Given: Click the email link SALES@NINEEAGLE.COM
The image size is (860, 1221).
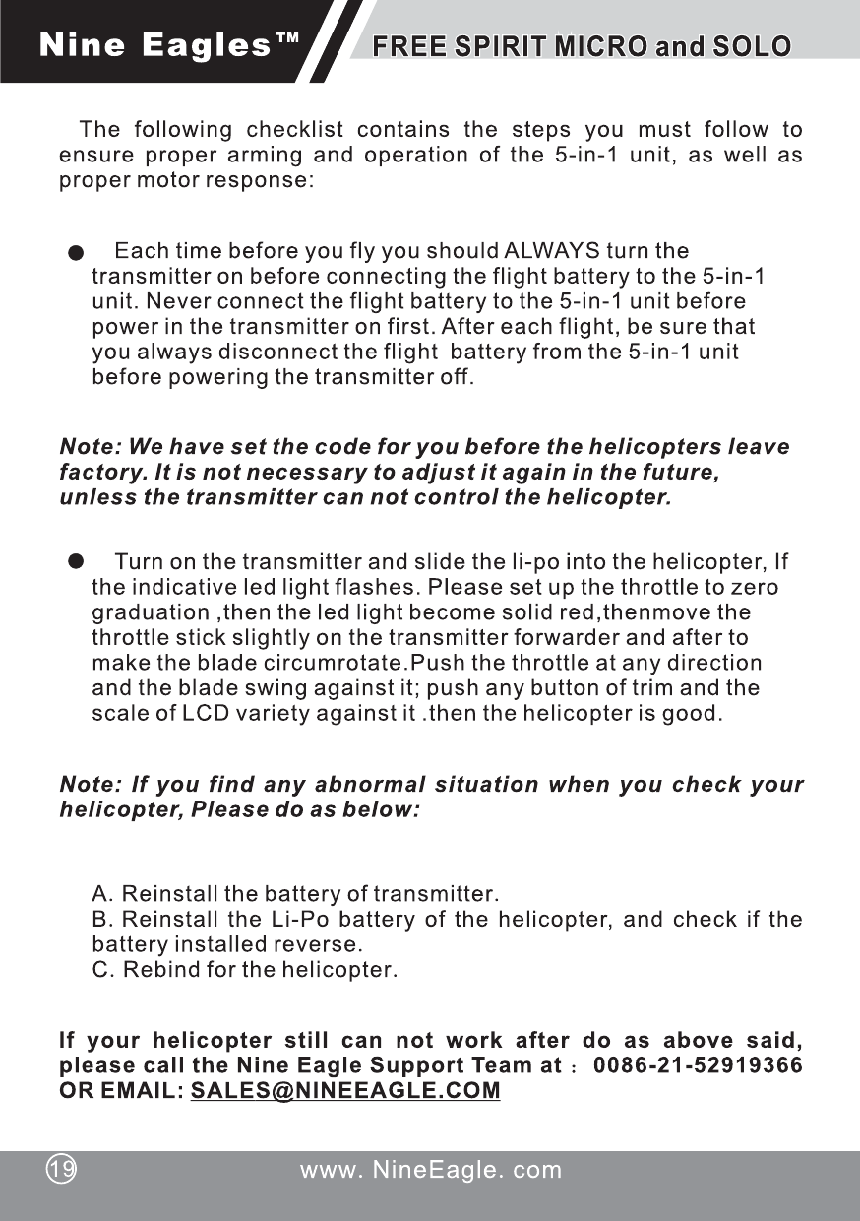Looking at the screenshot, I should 345,1092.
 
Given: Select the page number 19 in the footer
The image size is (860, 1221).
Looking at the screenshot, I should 62,1170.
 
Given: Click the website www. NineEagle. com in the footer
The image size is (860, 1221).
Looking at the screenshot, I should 431,1170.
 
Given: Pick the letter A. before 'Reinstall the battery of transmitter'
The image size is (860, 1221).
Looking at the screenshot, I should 102,895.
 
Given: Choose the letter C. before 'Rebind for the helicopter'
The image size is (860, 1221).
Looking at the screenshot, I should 102,970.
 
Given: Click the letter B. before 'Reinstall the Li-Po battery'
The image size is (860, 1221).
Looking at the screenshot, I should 102,921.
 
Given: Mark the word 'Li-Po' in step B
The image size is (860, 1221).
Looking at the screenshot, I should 290,921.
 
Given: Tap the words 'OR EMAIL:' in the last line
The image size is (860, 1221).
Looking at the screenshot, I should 122,1092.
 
